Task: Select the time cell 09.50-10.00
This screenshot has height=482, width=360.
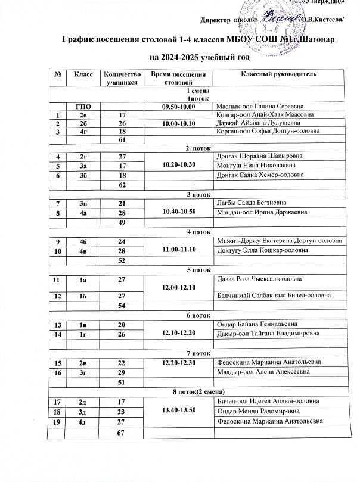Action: [179, 105]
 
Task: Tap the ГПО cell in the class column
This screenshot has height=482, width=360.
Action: [82, 105]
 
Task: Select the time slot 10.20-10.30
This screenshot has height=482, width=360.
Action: [179, 164]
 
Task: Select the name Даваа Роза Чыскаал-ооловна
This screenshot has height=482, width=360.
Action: [259, 279]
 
